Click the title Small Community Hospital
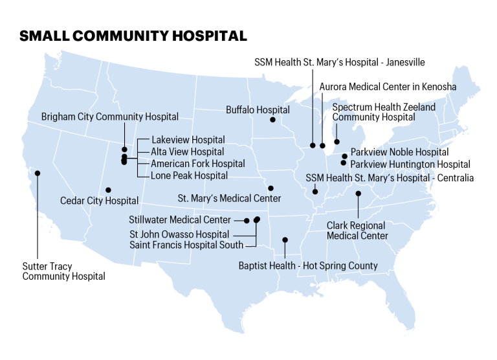coord(133,36)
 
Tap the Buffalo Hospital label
coord(258,110)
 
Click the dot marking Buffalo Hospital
coord(272,120)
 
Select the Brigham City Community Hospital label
coord(110,117)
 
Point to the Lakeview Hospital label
coord(188,140)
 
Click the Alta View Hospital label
coord(187,152)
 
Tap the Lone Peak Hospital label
coord(189,175)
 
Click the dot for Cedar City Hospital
coord(108,190)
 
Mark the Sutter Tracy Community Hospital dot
coord(38,173)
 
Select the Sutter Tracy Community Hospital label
coord(63,271)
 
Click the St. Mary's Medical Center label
coord(229,198)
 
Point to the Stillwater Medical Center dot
coord(247,221)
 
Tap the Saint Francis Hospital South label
coord(186,245)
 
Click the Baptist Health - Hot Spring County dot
coord(285,240)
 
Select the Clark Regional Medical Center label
coord(357,231)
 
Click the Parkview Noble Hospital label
coord(399,152)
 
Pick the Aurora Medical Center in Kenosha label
coord(388,86)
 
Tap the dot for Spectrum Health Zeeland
coord(337,142)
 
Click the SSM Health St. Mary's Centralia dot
coord(315,191)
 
